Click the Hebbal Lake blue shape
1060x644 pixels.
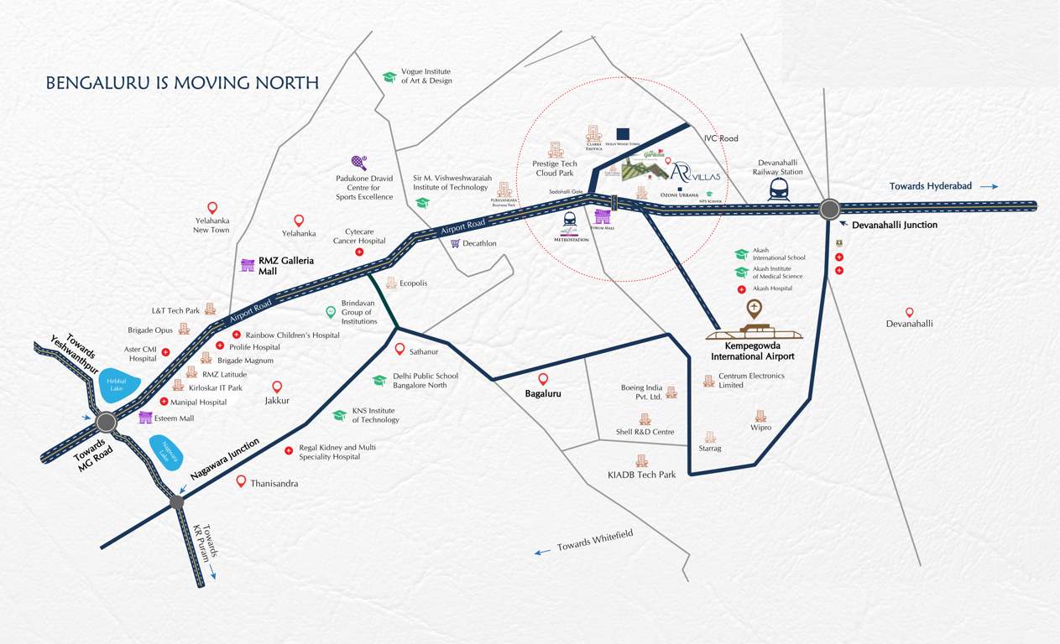click(x=115, y=385)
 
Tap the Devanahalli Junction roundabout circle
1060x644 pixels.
click(x=829, y=209)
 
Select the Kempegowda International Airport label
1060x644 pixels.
click(x=753, y=351)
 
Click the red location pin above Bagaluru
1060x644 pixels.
click(x=543, y=379)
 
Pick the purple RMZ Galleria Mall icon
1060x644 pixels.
click(x=248, y=266)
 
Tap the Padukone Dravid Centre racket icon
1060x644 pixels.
click(x=358, y=162)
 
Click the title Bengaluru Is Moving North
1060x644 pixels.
click(x=182, y=83)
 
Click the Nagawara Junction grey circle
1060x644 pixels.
click(x=176, y=502)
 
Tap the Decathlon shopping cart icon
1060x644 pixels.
click(x=455, y=244)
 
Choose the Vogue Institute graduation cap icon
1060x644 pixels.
click(x=389, y=77)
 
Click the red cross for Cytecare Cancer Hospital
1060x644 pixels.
click(x=359, y=252)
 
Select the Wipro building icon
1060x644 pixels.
click(x=760, y=416)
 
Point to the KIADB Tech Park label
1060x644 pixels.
click(x=641, y=475)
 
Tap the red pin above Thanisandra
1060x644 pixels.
click(x=241, y=480)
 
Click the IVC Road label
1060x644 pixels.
click(x=721, y=138)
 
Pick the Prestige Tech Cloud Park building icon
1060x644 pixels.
click(x=555, y=149)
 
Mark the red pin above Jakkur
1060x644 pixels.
click(x=277, y=387)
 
